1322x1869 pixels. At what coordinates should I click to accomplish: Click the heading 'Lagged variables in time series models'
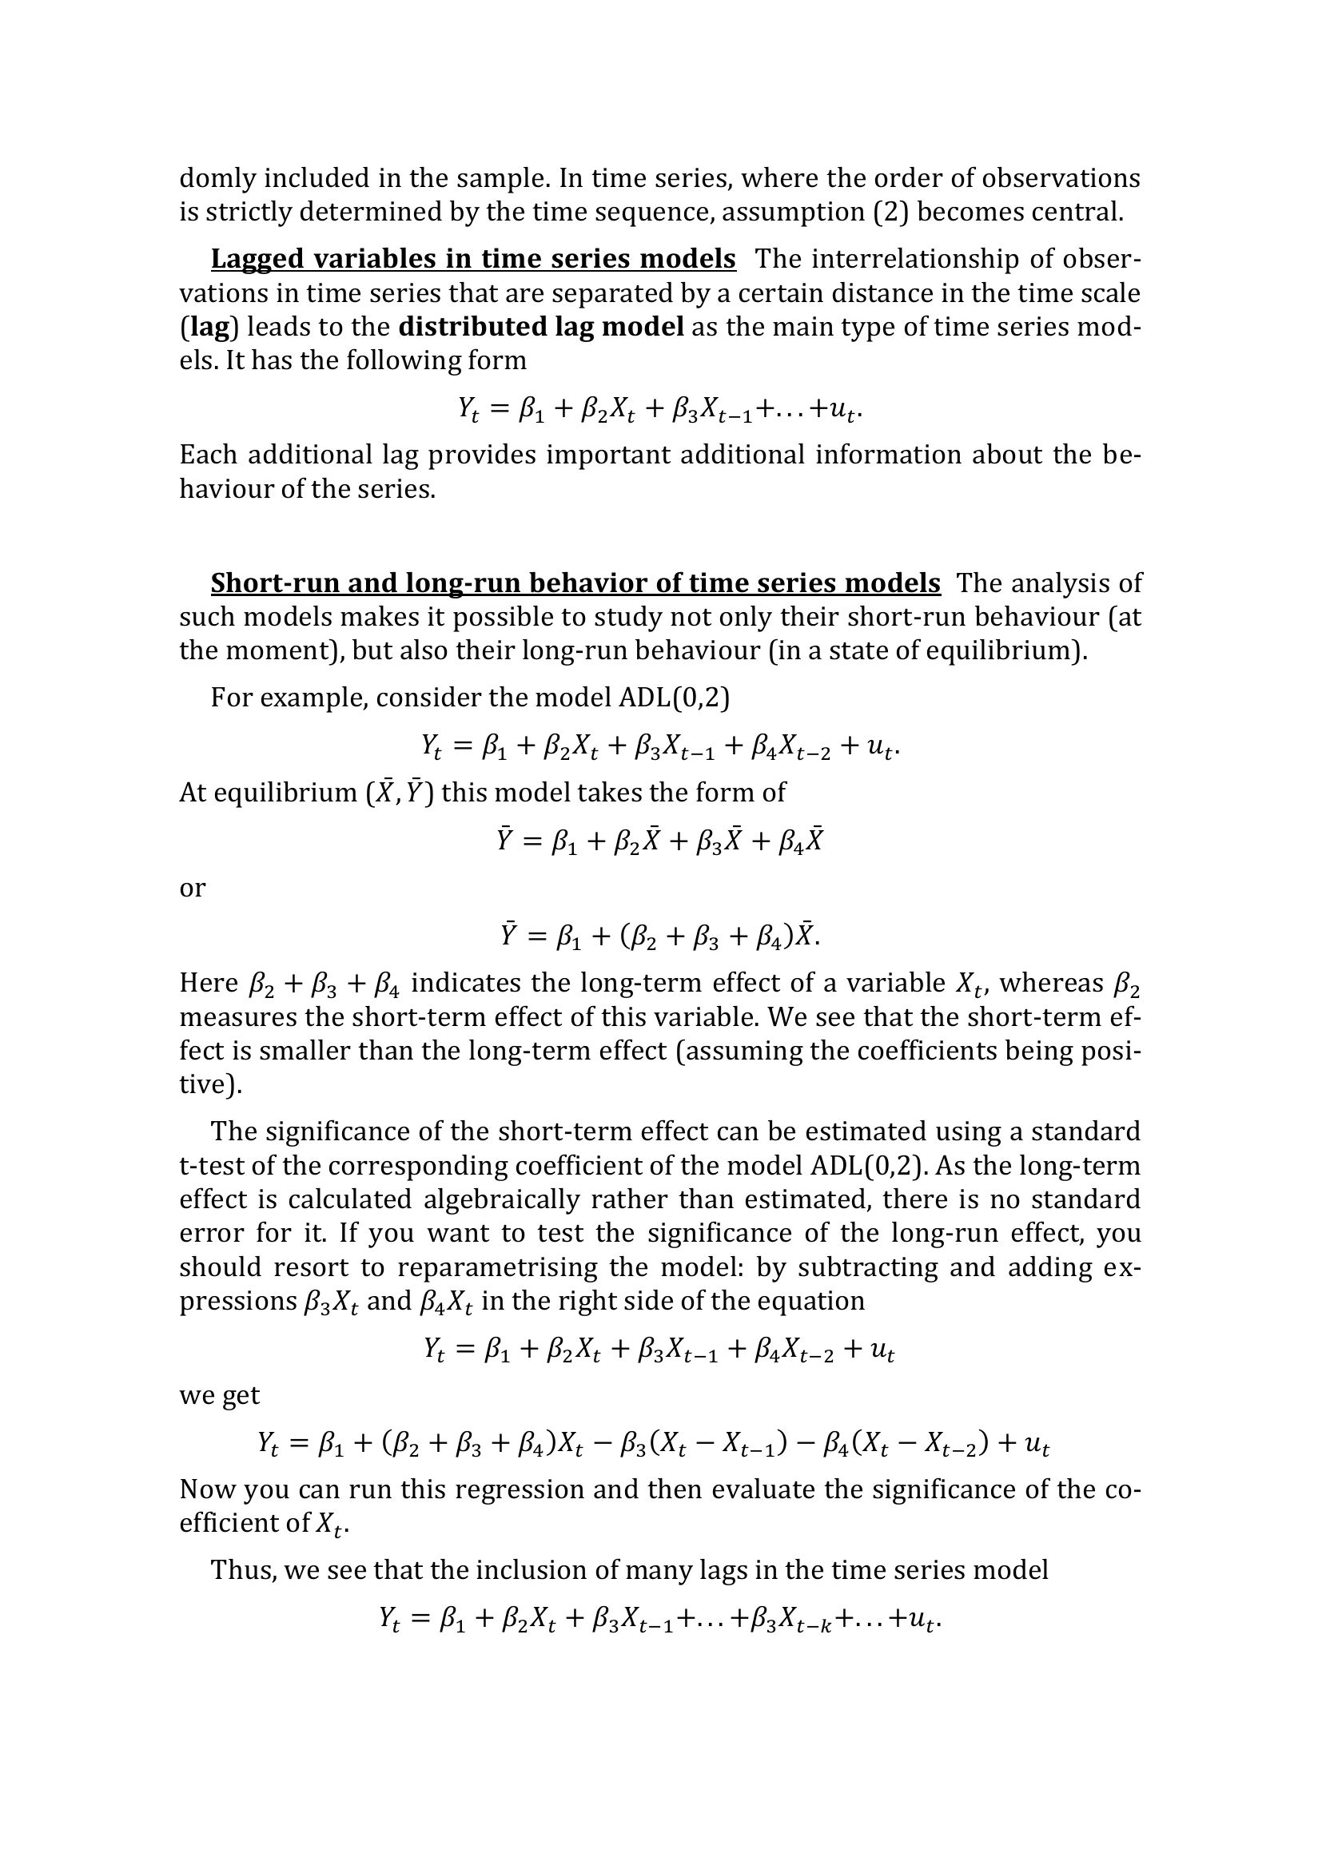coord(473,259)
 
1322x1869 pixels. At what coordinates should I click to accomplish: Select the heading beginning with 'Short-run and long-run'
coord(575,583)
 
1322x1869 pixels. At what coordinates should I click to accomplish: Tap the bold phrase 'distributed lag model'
coord(540,327)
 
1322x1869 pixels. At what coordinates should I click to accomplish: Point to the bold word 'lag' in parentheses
coord(209,327)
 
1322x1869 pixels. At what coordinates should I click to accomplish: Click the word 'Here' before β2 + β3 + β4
coord(209,984)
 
